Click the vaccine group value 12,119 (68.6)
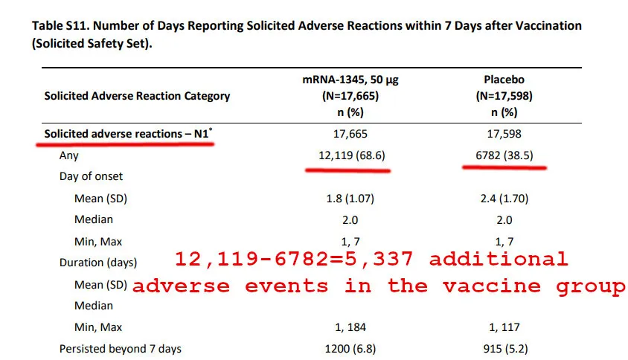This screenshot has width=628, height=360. [352, 155]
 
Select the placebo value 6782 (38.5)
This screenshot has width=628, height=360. [504, 155]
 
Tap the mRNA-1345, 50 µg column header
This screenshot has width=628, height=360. [350, 80]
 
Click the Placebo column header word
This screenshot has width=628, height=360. [504, 80]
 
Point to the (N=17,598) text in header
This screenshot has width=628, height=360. [504, 96]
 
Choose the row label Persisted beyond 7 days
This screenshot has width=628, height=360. [120, 349]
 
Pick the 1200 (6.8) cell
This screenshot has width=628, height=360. [350, 349]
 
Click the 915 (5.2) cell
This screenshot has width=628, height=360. [505, 349]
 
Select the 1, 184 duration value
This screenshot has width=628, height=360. [350, 327]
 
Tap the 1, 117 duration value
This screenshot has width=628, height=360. [504, 327]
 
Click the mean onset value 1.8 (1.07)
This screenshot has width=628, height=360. [350, 199]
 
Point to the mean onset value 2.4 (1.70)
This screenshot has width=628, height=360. [504, 199]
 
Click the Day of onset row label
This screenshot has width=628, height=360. [91, 176]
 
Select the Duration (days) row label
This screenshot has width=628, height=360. [98, 263]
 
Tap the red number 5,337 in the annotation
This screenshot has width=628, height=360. [379, 259]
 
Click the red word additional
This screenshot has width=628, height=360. [499, 259]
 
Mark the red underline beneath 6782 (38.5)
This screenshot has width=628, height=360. [504, 168]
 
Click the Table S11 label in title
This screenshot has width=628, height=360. [61, 25]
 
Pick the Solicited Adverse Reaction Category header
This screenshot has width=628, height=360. [137, 96]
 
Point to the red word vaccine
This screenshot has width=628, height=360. [492, 286]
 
